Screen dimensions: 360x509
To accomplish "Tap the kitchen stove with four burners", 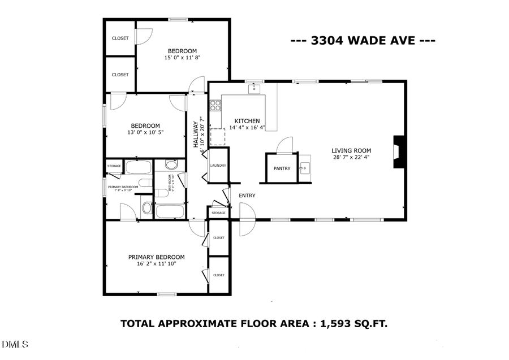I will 215,105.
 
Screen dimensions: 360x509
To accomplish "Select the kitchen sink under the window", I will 255,89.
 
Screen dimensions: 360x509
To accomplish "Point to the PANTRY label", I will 282,168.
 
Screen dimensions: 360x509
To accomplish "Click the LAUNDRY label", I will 218,166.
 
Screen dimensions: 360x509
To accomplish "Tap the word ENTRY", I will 247,196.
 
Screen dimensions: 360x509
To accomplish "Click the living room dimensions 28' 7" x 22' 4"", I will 351,158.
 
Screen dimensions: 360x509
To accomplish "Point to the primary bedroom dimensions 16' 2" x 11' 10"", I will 156,263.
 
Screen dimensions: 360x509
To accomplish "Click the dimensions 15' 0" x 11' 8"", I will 182,58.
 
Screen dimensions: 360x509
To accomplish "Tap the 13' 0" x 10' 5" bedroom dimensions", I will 145,132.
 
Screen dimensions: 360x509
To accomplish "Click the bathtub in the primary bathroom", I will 138,167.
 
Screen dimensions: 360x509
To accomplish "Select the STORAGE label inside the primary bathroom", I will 114,166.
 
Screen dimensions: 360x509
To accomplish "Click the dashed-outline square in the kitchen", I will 218,137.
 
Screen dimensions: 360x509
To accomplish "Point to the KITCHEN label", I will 247,121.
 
